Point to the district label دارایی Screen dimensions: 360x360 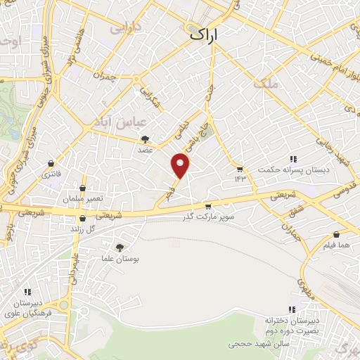click(127, 29)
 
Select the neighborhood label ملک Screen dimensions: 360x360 click(269, 84)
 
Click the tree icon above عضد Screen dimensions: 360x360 click(146, 139)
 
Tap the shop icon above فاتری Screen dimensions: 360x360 click(51, 162)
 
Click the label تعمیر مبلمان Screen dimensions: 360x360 click(82, 199)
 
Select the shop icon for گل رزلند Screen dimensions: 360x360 click(83, 219)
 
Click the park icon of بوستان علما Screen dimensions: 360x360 click(119, 247)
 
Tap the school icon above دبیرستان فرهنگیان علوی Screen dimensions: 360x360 click(27, 292)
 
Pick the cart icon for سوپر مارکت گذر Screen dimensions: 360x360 click(208, 206)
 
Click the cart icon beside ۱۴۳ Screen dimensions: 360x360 click(240, 169)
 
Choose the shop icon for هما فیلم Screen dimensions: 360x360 click(337, 234)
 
